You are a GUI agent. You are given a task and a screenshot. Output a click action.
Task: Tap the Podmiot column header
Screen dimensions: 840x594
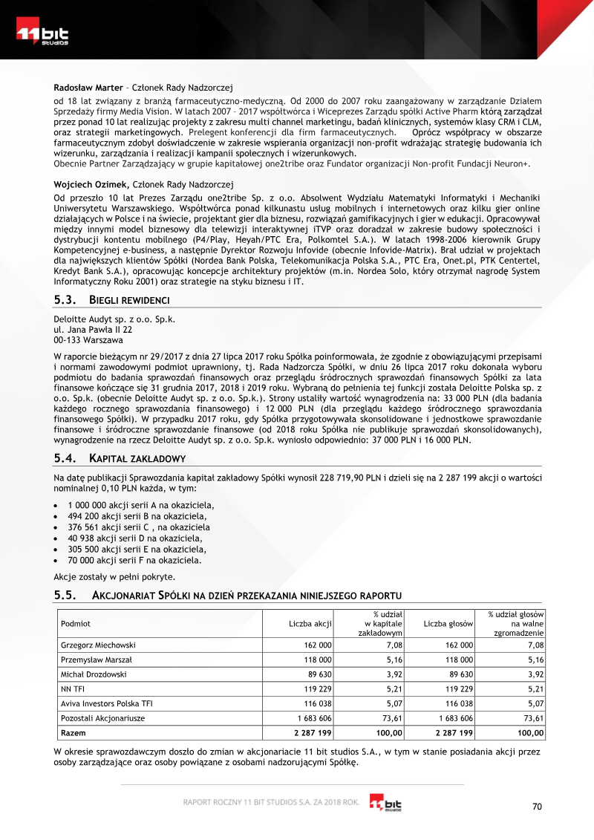click(76, 624)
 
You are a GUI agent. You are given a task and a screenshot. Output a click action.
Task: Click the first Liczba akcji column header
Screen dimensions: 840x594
click(310, 624)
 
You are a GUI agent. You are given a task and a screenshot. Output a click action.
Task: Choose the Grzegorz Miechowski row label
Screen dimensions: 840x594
click(98, 645)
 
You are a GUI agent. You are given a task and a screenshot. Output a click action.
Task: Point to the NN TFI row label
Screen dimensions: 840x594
click(73, 689)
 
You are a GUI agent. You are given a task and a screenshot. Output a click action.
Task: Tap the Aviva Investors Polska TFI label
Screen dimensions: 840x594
click(106, 703)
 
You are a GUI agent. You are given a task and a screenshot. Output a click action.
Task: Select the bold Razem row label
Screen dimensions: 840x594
click(74, 732)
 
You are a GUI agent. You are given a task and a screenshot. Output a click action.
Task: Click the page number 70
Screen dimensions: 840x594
click(538, 807)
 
